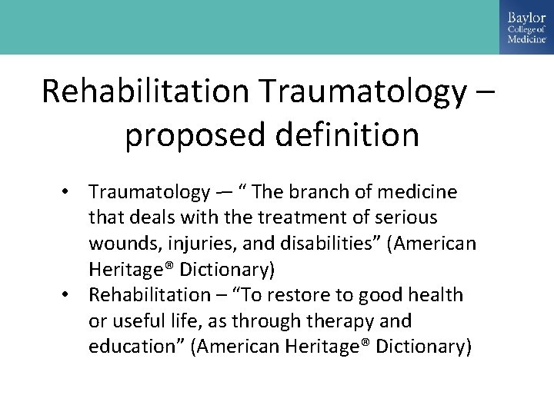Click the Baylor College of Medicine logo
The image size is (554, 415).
click(526, 28)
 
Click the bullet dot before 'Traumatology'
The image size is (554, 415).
click(71, 191)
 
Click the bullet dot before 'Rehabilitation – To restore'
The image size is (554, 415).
click(71, 295)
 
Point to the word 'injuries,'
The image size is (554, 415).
click(193, 244)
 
